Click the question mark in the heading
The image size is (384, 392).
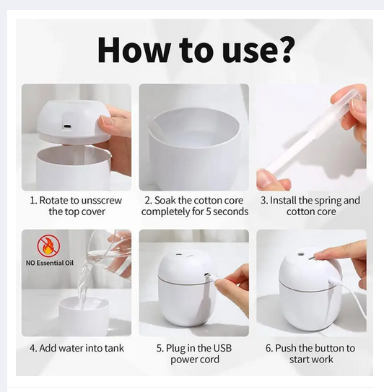(283, 50)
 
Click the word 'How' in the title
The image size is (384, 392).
(134, 50)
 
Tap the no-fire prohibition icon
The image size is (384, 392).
(49, 245)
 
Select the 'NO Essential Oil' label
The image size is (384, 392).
(50, 263)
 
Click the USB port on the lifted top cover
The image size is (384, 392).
(67, 126)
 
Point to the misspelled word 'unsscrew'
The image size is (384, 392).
(102, 201)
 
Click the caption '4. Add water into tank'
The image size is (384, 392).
(77, 348)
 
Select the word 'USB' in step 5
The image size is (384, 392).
(222, 348)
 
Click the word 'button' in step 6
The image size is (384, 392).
(327, 348)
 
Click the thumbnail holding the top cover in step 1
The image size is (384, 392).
(106, 121)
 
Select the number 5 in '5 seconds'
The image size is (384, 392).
(209, 212)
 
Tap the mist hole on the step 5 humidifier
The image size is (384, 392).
(179, 255)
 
